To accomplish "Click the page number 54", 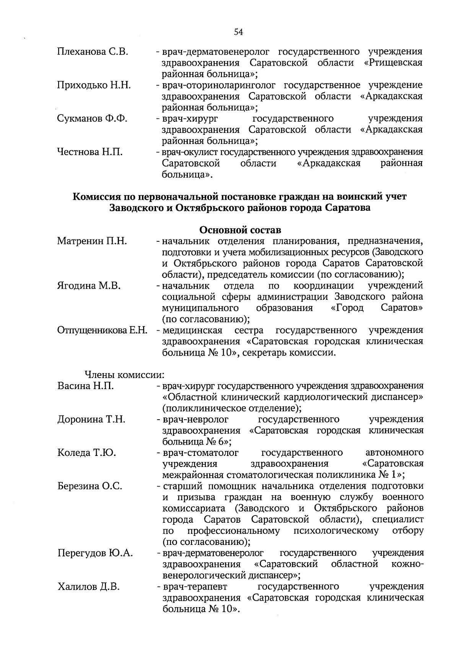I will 239,32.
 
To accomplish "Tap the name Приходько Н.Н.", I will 94,85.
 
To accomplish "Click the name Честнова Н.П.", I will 90,152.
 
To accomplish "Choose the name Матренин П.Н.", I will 92,242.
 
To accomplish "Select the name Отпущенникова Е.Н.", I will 102,330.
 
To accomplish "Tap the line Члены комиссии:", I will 124,375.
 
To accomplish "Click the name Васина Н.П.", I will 86,386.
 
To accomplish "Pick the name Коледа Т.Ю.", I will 87,453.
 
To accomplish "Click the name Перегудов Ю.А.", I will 95,553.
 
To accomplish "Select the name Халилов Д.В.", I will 89,587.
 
